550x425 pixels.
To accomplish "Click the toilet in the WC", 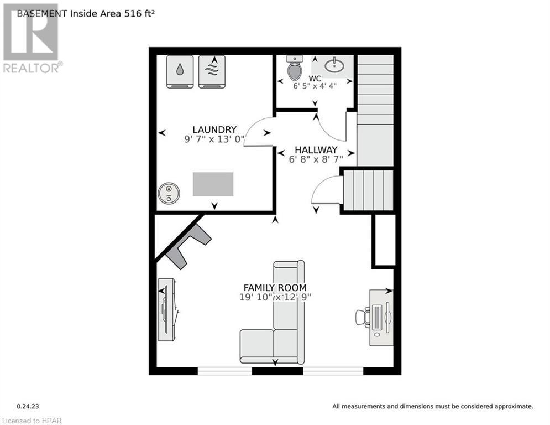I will (295, 69).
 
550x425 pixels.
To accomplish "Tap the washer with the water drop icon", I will (180, 72).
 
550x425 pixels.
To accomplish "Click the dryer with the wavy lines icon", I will (212, 72).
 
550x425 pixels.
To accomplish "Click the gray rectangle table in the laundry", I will (213, 184).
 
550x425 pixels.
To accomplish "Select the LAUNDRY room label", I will (214, 129).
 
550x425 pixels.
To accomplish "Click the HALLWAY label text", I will (316, 149).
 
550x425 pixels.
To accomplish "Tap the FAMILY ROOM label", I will (275, 287).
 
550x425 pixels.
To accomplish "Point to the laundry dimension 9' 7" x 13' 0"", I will (214, 139).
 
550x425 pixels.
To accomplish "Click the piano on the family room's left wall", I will (167, 310).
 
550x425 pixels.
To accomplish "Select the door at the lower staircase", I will (326, 191).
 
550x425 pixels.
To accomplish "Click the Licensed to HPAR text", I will (32, 420).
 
